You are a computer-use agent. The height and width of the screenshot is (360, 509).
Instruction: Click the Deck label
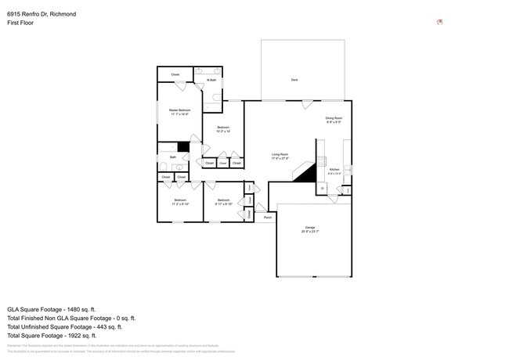pyautogui.click(x=294, y=80)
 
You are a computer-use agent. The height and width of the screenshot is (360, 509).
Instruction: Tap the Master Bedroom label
pyautogui.click(x=180, y=112)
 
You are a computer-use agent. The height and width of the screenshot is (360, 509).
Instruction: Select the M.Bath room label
pyautogui.click(x=211, y=80)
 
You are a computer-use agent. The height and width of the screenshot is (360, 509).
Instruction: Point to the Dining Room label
pyautogui.click(x=334, y=120)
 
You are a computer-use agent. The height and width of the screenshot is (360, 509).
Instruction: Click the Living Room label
pyautogui.click(x=280, y=156)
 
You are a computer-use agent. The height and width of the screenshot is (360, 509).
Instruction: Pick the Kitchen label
pyautogui.click(x=334, y=171)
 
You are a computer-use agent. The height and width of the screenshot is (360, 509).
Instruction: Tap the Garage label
pyautogui.click(x=310, y=229)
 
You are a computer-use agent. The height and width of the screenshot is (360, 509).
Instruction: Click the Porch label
pyautogui.click(x=268, y=217)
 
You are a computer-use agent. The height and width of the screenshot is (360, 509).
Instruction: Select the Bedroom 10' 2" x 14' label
pyautogui.click(x=223, y=128)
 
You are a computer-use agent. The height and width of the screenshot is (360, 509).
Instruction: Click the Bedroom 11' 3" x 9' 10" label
pyautogui.click(x=180, y=201)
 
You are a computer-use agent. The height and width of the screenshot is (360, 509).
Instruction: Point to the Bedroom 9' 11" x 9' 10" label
pyautogui.click(x=223, y=201)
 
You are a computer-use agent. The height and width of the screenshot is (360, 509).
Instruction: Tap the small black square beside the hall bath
pyautogui.click(x=183, y=146)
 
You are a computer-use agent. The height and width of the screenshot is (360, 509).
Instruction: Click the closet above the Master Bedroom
pyautogui.click(x=175, y=74)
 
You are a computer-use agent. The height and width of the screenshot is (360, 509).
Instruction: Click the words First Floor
pyautogui.click(x=20, y=23)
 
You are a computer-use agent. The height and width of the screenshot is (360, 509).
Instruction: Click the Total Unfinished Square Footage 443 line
pyautogui.click(x=71, y=327)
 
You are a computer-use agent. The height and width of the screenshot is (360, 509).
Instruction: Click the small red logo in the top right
pyautogui.click(x=440, y=22)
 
